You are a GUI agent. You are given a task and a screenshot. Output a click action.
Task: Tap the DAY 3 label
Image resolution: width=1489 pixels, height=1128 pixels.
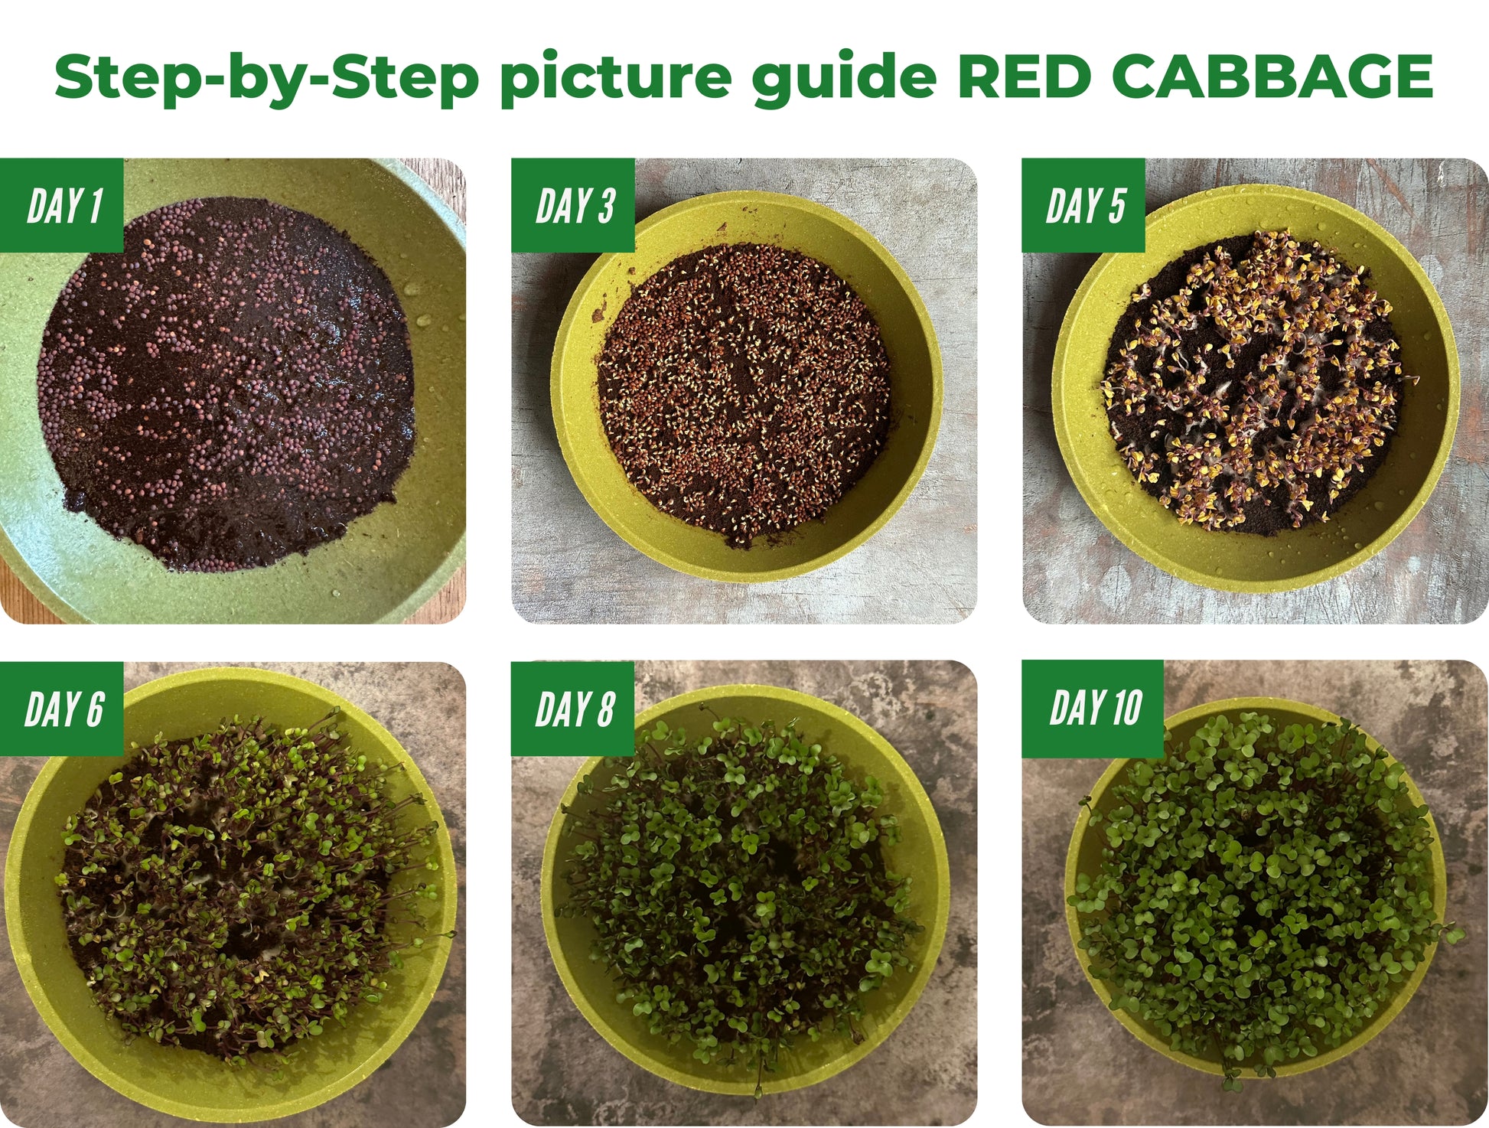pos(574,205)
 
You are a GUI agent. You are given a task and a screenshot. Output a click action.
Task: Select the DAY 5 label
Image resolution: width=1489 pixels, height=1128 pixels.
pos(1084,205)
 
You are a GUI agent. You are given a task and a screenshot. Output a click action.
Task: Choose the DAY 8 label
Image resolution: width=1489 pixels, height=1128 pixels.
pos(574,709)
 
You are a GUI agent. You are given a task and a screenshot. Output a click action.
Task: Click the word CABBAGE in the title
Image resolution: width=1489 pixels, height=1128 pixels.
pos(1272,77)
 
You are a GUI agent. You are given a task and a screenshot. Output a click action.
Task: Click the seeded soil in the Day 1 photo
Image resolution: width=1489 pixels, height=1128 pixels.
pos(226,383)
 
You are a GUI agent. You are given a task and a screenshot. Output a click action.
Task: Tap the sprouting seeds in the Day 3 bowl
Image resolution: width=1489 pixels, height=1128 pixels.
pos(742,394)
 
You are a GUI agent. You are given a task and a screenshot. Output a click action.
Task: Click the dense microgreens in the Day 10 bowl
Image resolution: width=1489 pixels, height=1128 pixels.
pos(1255,888)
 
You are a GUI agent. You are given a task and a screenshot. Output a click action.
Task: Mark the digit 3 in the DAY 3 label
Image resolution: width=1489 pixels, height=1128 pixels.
pos(606,205)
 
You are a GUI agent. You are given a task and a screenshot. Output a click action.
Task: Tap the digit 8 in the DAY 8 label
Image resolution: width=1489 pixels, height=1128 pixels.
pos(606,709)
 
